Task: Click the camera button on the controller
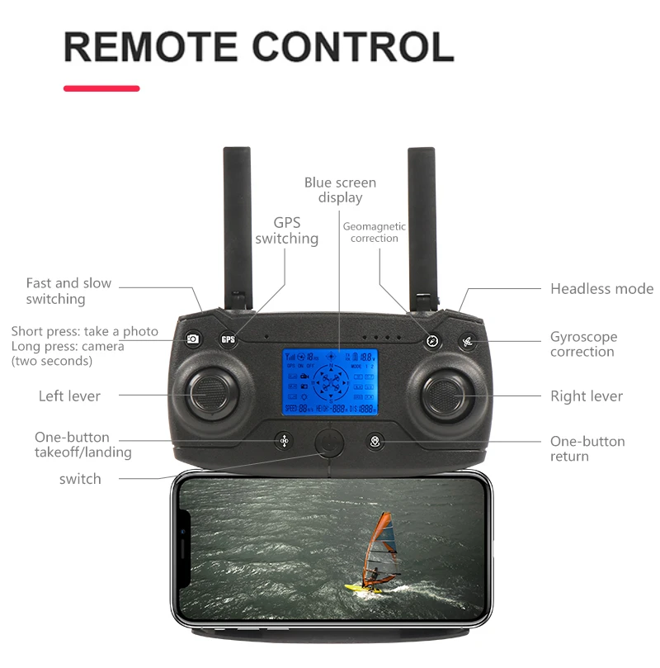pyautogui.click(x=193, y=339)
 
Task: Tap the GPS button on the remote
pyautogui.click(x=229, y=339)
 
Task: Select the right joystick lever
pyautogui.click(x=446, y=395)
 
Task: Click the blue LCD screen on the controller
pyautogui.click(x=330, y=381)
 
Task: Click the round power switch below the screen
pyautogui.click(x=329, y=442)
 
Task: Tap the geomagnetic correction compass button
pyautogui.click(x=431, y=339)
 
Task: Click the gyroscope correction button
pyautogui.click(x=468, y=340)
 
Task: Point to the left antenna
pyautogui.click(x=238, y=223)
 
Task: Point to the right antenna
pyautogui.click(x=422, y=223)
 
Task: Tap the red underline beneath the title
pyautogui.click(x=101, y=88)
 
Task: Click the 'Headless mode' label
pyautogui.click(x=601, y=289)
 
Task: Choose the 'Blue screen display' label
pyautogui.click(x=340, y=190)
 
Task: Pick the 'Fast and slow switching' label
pyautogui.click(x=68, y=291)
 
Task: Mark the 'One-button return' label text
pyautogui.click(x=587, y=448)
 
